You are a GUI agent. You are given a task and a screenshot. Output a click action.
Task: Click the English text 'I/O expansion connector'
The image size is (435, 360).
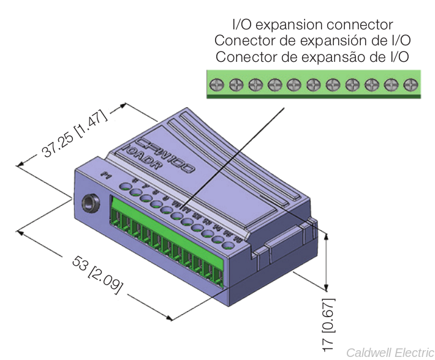tap(312, 25)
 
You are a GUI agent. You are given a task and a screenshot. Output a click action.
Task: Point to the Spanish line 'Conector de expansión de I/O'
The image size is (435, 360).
tap(312, 40)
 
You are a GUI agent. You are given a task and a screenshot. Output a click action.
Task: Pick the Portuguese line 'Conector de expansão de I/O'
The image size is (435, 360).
tap(312, 57)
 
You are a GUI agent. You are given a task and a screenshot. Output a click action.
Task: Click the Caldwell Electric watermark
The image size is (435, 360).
tap(390, 353)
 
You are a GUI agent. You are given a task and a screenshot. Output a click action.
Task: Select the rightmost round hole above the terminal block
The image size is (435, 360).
tap(228, 246)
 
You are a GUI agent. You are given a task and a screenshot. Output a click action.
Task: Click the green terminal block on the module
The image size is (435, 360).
tap(165, 239)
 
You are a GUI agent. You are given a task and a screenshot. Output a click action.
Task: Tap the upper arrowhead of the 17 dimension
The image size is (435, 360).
tap(326, 236)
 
